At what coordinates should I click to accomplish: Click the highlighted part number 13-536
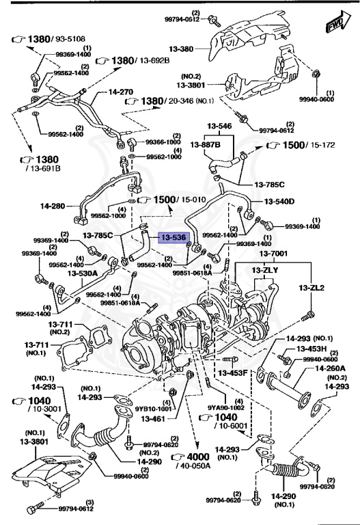click(172, 238)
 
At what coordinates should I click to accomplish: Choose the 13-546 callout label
click(220, 126)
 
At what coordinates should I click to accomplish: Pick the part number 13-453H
click(309, 349)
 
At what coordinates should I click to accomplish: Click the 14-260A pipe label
click(329, 367)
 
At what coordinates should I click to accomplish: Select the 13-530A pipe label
click(83, 273)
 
